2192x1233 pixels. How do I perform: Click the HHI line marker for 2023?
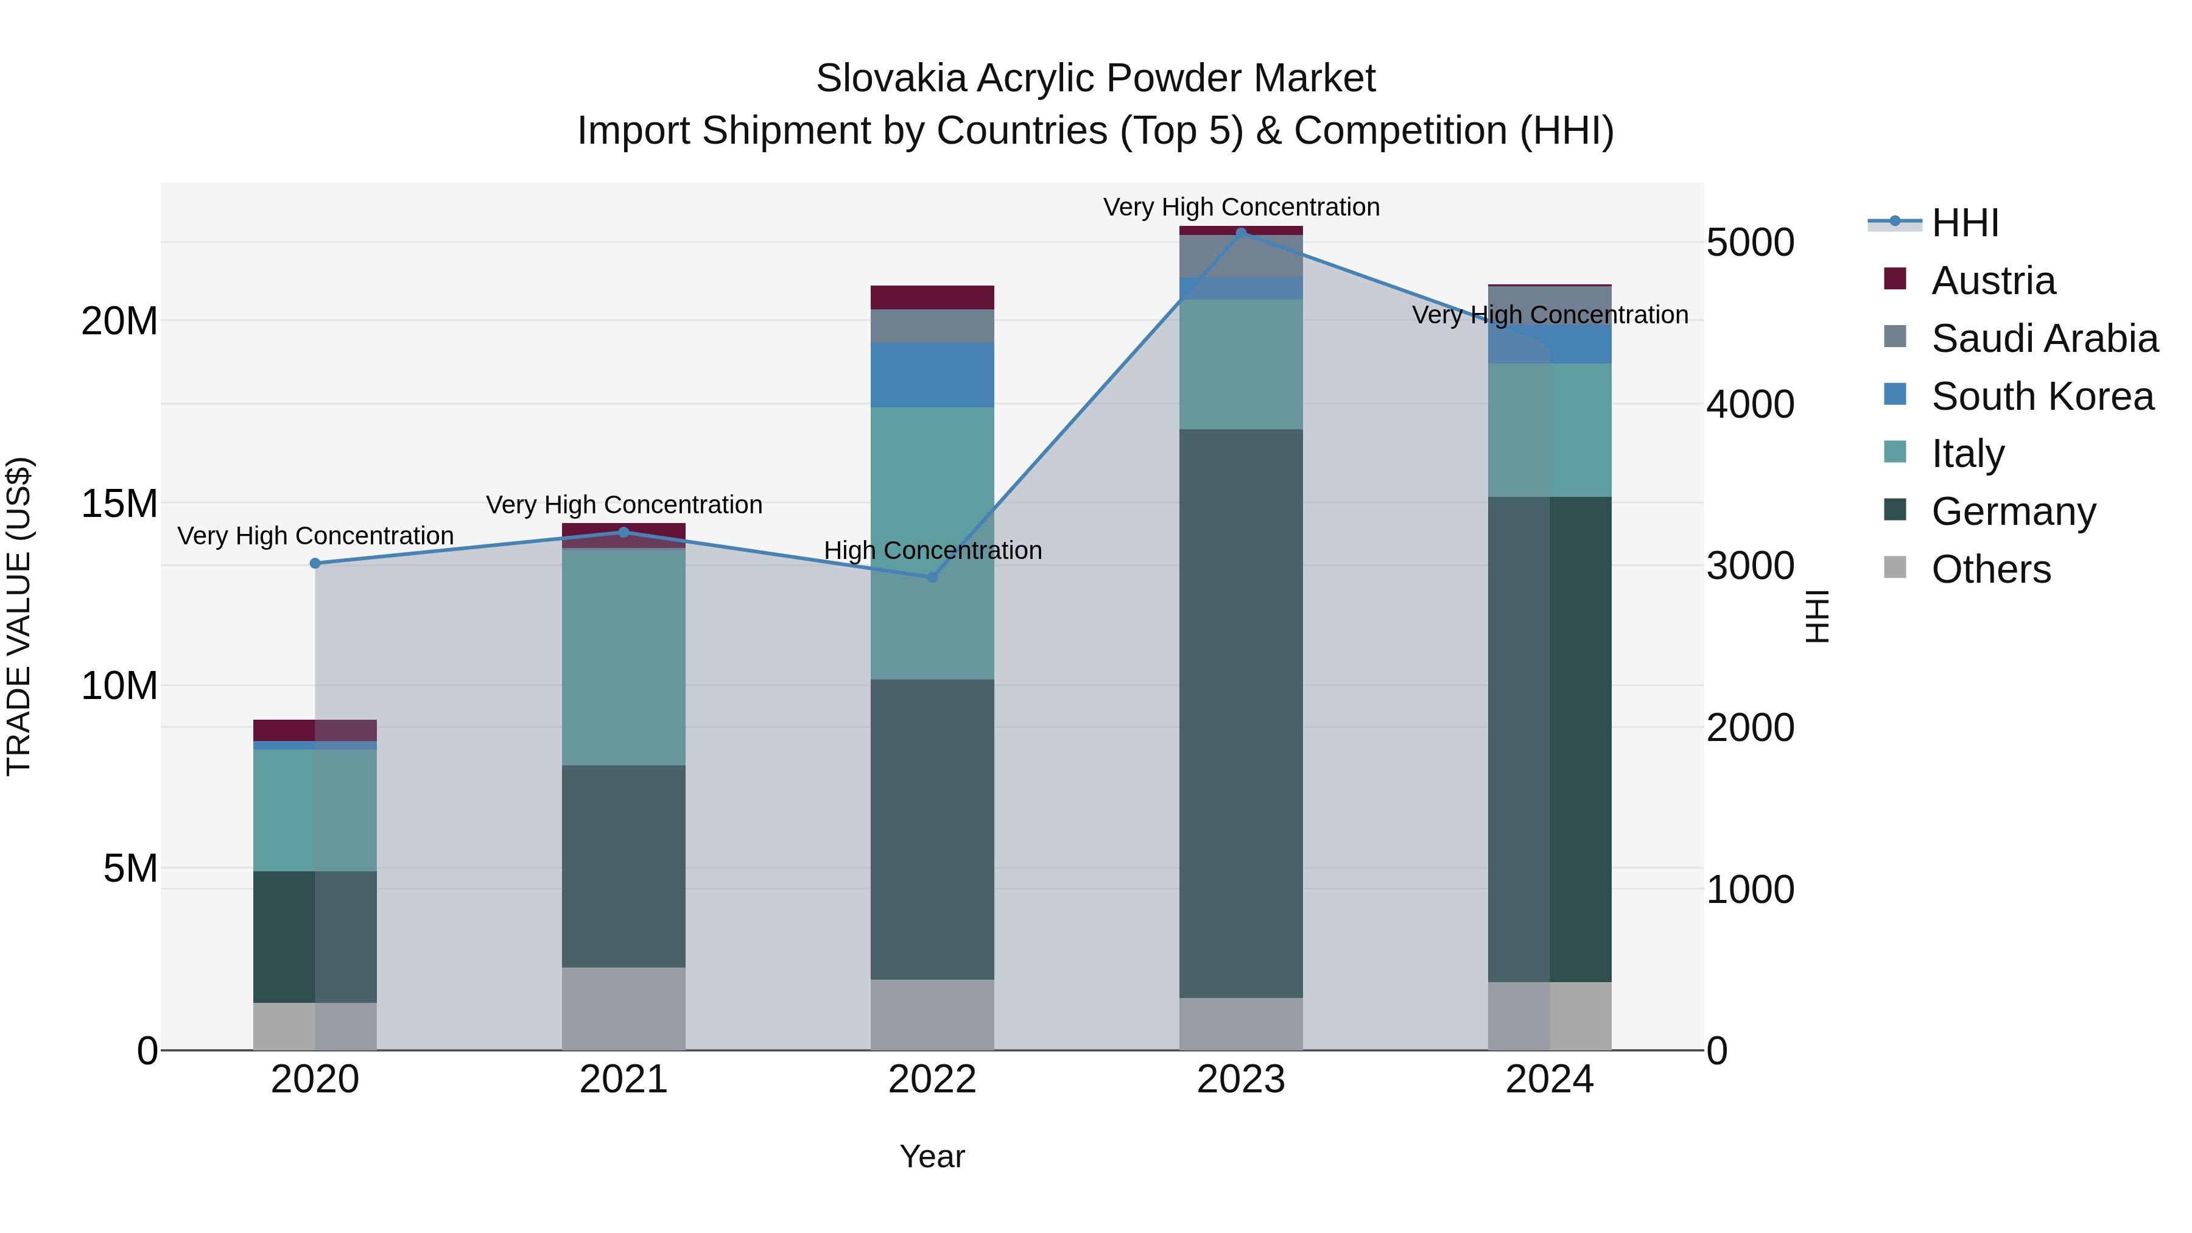tap(1241, 233)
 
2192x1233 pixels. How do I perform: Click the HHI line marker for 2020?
tap(315, 563)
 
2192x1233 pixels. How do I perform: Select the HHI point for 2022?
tap(932, 577)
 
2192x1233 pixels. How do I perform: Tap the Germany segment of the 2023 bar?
tap(1241, 713)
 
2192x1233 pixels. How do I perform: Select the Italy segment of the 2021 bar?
tap(624, 657)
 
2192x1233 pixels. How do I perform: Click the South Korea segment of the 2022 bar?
tap(932, 375)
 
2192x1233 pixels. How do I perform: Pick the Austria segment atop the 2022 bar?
tap(932, 297)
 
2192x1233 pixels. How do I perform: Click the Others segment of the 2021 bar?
tap(624, 1008)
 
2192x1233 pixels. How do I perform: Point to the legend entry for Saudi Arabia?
tap(2044, 339)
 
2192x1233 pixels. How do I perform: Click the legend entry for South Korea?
tap(2042, 396)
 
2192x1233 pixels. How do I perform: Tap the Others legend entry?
tap(1990, 569)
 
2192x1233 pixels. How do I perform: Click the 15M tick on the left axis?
tap(119, 504)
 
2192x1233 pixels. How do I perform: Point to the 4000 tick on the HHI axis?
tap(1751, 404)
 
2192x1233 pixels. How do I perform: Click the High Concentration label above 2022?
tap(933, 550)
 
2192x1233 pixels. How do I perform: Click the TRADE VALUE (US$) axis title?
tap(19, 616)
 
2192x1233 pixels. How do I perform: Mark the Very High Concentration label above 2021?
tap(624, 505)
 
